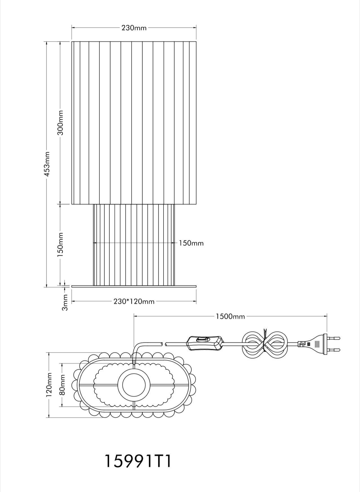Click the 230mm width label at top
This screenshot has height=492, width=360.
point(134,28)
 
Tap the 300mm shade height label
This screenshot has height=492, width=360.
point(61,123)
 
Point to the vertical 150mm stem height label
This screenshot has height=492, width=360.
point(61,244)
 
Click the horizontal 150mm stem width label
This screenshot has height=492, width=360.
point(191,243)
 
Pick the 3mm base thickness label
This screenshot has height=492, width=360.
point(65,302)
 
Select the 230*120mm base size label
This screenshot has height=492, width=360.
point(134,302)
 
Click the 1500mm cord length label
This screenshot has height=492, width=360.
point(230,317)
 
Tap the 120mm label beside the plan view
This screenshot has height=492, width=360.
point(49,385)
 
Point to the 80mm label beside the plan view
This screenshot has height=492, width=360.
point(62,385)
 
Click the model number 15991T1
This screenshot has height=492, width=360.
point(138,461)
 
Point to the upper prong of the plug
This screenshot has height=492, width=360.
point(335,338)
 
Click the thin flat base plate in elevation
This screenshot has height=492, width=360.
point(134,286)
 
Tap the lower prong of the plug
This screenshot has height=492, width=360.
point(335,350)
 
